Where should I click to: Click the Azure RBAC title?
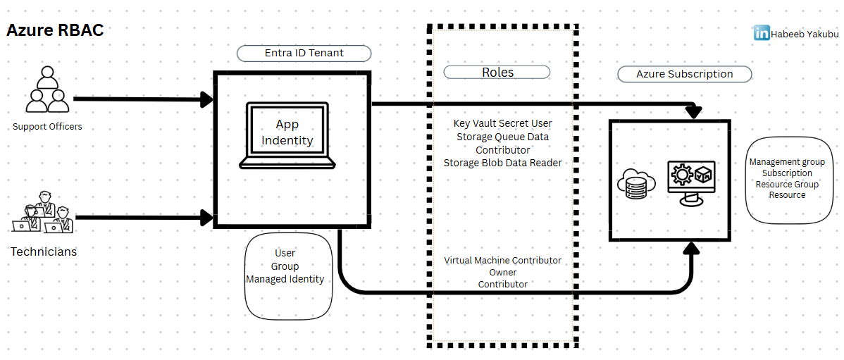(x=55, y=30)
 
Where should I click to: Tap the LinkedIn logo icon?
(x=761, y=32)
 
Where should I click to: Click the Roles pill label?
(x=497, y=72)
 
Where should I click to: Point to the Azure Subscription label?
(x=684, y=74)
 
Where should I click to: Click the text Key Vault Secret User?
(x=502, y=123)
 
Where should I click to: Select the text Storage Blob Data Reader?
(x=502, y=163)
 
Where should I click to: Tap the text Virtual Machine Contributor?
(x=502, y=261)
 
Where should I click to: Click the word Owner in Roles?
(x=502, y=273)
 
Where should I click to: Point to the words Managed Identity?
(x=285, y=279)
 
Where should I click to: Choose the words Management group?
(x=787, y=162)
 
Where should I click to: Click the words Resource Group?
(x=787, y=185)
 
